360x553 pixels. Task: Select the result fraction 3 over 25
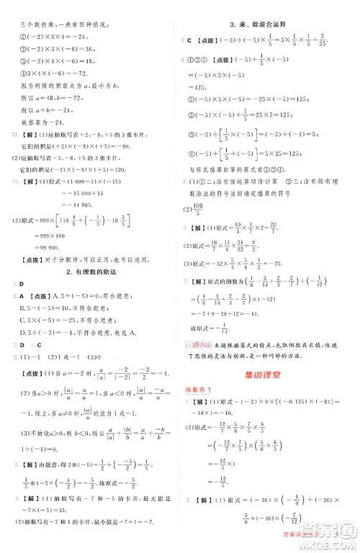(x=323, y=40)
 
